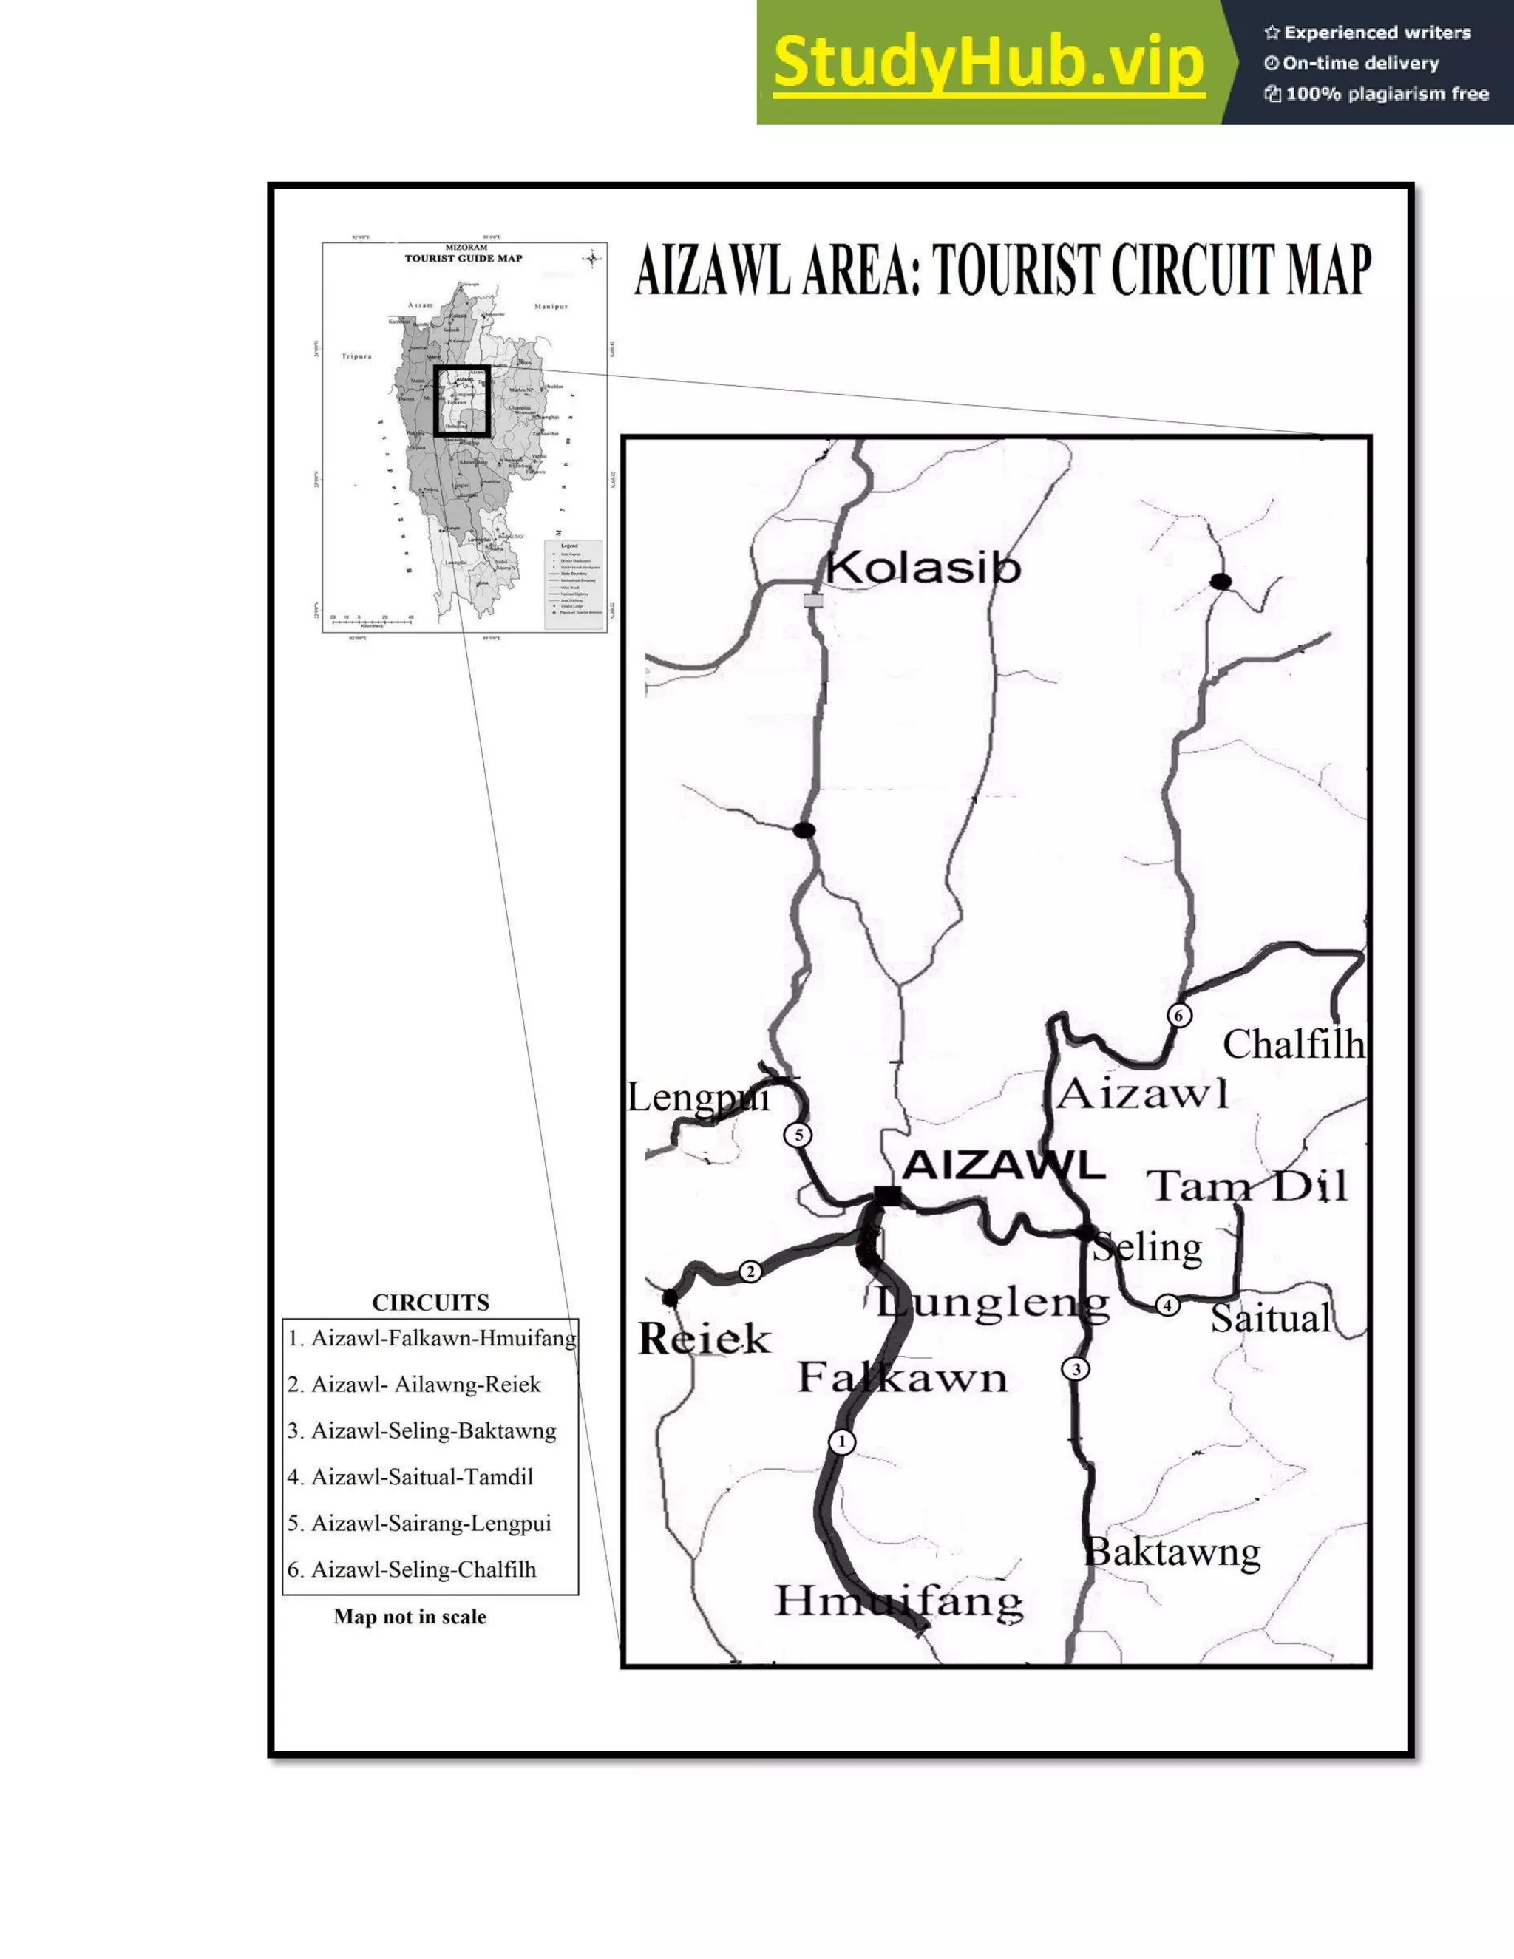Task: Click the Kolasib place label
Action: tap(923, 568)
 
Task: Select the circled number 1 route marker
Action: tap(841, 1442)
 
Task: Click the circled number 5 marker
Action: tap(798, 1135)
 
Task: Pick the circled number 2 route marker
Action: tap(750, 1271)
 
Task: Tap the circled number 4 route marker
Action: tap(1167, 1305)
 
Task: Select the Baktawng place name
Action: tap(1172, 1552)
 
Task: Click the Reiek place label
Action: tap(704, 1340)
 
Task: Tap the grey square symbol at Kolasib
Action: tap(813, 600)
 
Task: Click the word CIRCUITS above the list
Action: tap(430, 1303)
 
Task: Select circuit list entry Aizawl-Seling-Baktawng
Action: tap(422, 1430)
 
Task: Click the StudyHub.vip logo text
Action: tap(988, 63)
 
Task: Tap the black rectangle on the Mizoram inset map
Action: tap(462, 401)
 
